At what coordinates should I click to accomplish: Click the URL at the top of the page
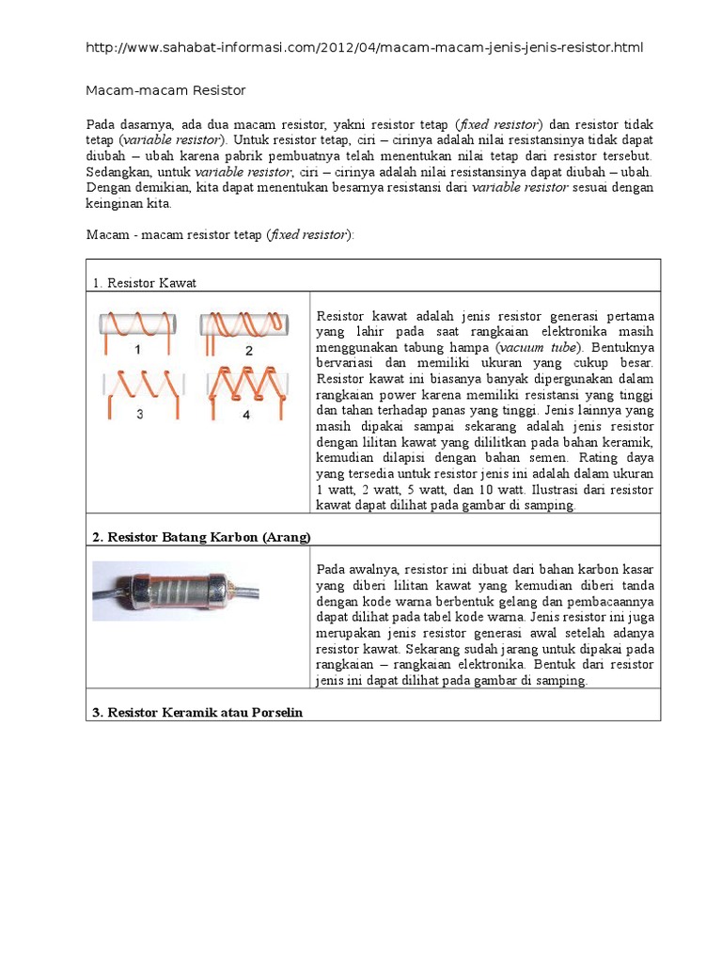365,47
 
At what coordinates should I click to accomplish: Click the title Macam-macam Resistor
165,90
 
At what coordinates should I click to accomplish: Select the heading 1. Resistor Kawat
144,283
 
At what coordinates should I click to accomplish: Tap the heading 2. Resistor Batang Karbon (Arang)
201,537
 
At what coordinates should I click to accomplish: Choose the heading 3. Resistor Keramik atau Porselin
197,713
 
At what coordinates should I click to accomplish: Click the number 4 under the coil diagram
247,414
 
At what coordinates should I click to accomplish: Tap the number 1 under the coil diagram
138,350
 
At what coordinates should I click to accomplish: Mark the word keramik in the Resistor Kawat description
627,442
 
